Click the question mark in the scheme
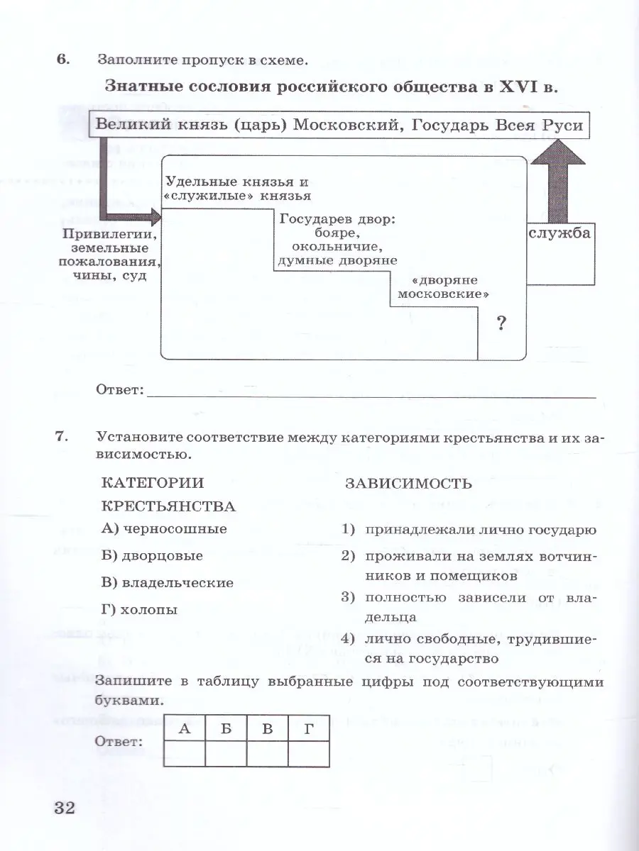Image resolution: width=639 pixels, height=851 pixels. coord(501,324)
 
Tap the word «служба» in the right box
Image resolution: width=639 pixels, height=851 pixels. coord(559,233)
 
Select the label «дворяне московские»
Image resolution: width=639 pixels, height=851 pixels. coord(444,287)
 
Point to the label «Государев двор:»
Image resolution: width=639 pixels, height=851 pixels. coord(337,219)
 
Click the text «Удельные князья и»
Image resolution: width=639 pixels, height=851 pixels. coord(236,181)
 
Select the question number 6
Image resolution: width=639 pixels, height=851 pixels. coord(62,60)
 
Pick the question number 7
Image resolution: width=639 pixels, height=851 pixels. coord(62,438)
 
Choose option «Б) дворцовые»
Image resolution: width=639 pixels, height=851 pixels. coord(152,556)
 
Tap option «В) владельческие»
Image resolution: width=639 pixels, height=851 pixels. coord(168,583)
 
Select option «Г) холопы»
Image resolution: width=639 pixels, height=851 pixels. coord(140,610)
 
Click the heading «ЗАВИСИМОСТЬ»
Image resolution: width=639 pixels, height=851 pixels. coord(408,484)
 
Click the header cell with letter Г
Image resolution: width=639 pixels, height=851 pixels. coord(309,728)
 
